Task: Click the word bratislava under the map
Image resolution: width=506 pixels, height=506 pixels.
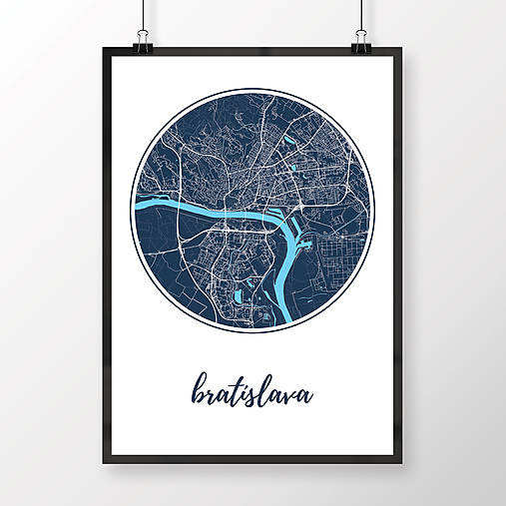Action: (250, 392)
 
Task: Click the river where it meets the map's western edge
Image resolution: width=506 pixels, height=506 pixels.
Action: (137, 211)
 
